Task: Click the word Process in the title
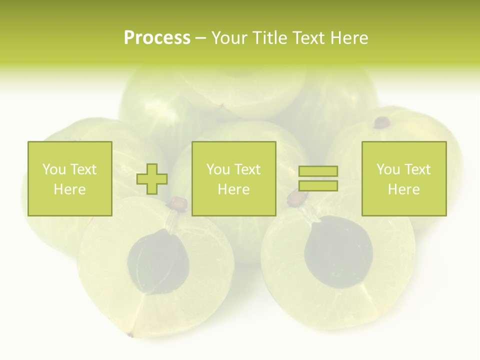click(x=157, y=38)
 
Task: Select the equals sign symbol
click(x=318, y=179)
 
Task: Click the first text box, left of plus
click(x=70, y=178)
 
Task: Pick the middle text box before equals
click(x=234, y=178)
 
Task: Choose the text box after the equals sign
click(x=404, y=178)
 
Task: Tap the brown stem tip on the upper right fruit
click(x=382, y=121)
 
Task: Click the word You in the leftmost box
click(x=54, y=169)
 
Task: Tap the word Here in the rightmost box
click(x=404, y=189)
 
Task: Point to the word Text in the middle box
click(x=247, y=169)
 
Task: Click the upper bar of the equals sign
click(x=318, y=171)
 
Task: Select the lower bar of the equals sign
click(x=318, y=186)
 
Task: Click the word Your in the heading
click(x=229, y=38)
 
